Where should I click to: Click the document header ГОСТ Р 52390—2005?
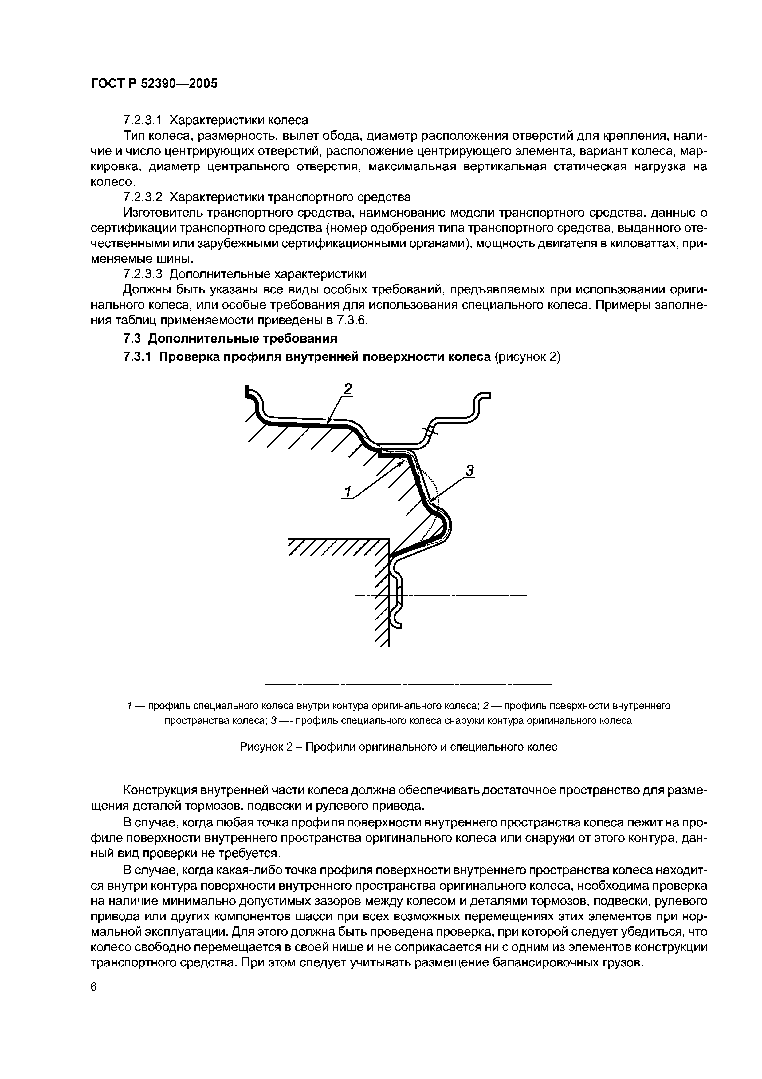pos(154,84)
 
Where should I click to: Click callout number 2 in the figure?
pos(348,389)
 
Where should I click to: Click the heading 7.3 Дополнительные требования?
pos(230,338)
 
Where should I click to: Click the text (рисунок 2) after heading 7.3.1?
pos(528,357)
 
